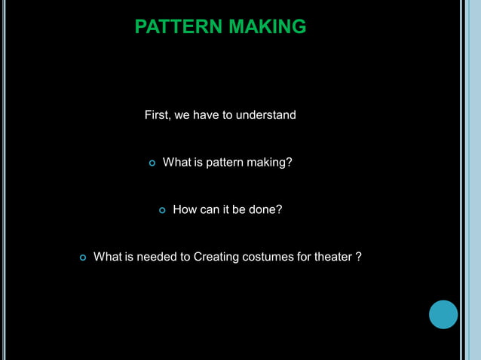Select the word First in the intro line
(x=156, y=115)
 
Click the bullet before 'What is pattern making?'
(x=152, y=163)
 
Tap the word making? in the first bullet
(x=269, y=163)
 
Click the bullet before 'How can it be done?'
(x=162, y=210)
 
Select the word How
(x=185, y=209)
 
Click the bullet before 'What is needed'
(x=83, y=258)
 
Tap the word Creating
(x=216, y=257)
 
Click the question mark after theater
(x=358, y=257)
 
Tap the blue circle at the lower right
(x=443, y=314)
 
